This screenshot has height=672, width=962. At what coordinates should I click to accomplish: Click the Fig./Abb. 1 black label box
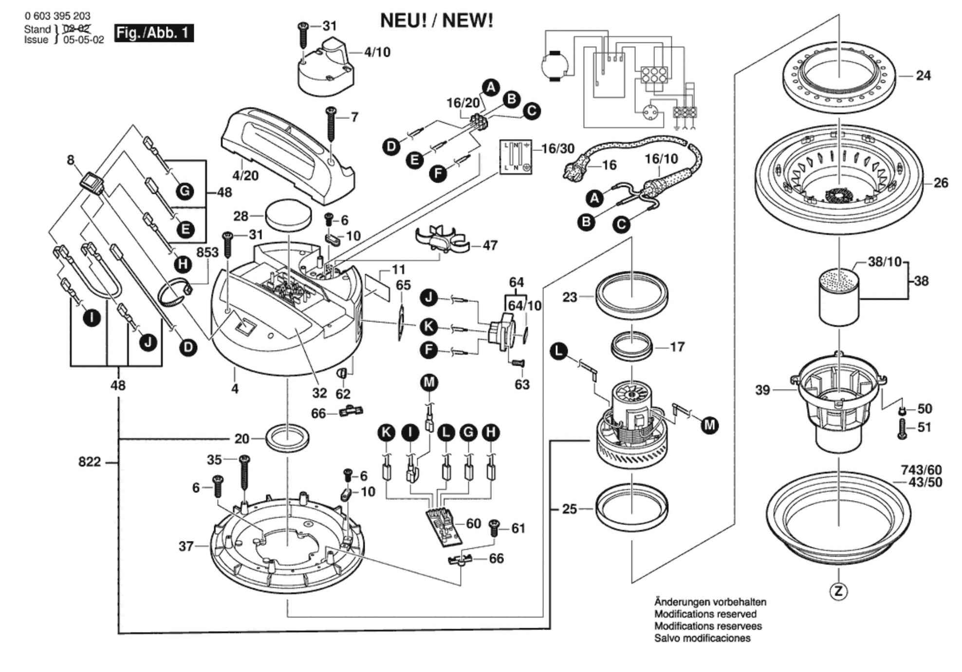tap(154, 33)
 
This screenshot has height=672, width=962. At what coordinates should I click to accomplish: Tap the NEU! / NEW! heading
tap(436, 21)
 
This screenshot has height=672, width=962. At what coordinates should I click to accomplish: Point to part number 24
tap(923, 75)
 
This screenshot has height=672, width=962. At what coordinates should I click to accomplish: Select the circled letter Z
tap(838, 591)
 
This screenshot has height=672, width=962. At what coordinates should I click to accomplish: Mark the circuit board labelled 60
tap(444, 527)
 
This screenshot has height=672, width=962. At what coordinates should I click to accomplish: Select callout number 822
tap(90, 462)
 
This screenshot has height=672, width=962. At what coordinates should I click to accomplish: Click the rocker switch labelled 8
tap(92, 184)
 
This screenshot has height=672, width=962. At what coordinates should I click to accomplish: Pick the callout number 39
tap(762, 390)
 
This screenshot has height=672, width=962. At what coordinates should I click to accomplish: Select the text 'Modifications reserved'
tap(705, 614)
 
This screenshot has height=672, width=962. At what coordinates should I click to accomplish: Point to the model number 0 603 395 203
tap(57, 16)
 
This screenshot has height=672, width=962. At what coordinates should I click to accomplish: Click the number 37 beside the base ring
tap(186, 546)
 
